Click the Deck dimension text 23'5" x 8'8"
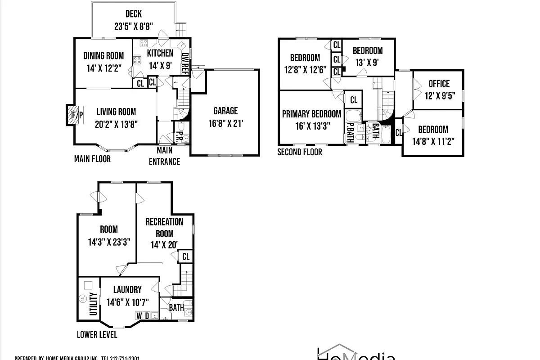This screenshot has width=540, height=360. (x=134, y=27)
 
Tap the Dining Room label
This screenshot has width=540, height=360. (x=103, y=56)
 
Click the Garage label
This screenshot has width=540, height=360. (x=225, y=111)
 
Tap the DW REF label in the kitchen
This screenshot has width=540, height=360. (x=184, y=63)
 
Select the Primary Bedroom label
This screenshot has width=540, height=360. (x=311, y=114)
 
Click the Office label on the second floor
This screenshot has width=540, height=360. (x=439, y=84)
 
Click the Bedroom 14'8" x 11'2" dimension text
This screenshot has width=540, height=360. (x=433, y=141)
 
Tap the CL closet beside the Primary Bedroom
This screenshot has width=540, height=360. (x=354, y=100)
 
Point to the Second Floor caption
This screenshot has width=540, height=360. (x=300, y=152)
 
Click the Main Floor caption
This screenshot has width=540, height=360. (x=92, y=159)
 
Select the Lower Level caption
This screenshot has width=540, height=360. (x=97, y=335)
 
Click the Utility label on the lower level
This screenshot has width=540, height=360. (x=94, y=304)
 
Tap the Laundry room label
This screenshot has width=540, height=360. (x=127, y=290)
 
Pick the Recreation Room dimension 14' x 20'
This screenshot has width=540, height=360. (x=164, y=245)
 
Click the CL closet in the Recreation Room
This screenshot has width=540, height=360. (x=185, y=257)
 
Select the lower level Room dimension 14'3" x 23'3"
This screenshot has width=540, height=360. (x=109, y=242)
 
